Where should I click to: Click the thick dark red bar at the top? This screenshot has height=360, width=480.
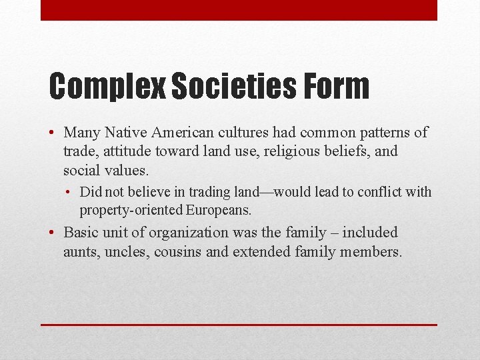239,10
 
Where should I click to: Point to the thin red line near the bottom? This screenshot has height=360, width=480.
239,325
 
